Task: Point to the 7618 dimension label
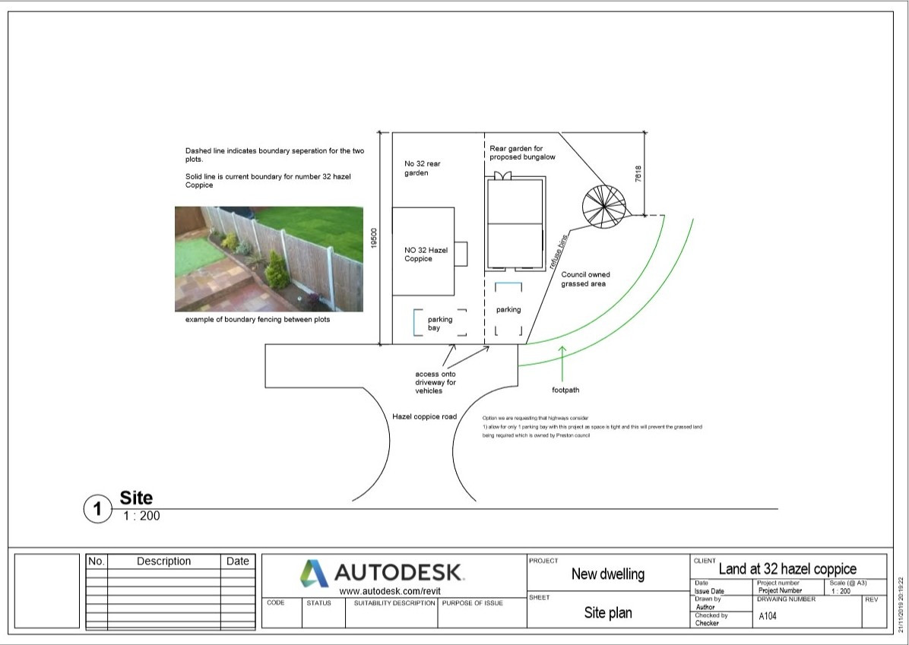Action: pos(638,173)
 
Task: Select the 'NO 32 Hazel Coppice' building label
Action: pos(426,255)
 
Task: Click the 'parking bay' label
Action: pos(440,324)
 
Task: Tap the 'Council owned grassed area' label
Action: pos(585,280)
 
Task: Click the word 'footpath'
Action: pos(565,390)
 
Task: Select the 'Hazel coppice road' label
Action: pos(424,417)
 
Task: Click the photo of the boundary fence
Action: pos(269,259)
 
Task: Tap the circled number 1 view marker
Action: pos(97,509)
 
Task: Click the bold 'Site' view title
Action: pos(136,498)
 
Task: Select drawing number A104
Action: pos(768,617)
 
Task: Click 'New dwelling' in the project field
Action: pos(607,574)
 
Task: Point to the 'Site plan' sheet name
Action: pos(607,612)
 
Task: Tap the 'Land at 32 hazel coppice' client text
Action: pos(787,569)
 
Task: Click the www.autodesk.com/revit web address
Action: pos(390,591)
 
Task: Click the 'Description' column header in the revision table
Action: pos(163,561)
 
